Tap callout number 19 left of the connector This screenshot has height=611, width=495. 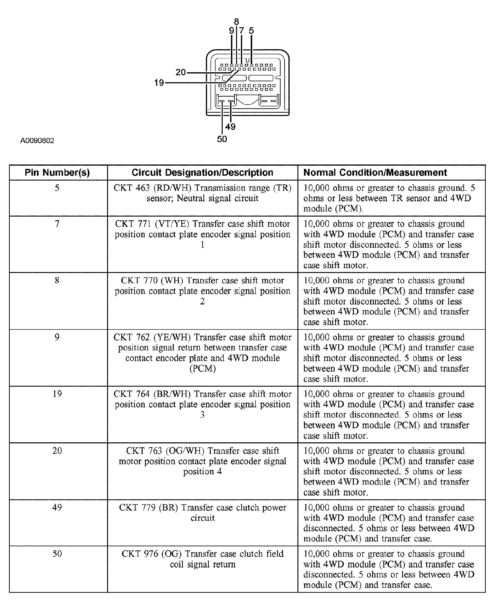pyautogui.click(x=159, y=83)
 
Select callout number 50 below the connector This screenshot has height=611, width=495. pyautogui.click(x=222, y=139)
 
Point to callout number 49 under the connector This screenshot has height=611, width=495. pyautogui.click(x=230, y=127)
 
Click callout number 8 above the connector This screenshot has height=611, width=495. pyautogui.click(x=236, y=22)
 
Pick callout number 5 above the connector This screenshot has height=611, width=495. pyautogui.click(x=251, y=30)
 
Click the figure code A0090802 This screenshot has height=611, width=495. pyautogui.click(x=37, y=141)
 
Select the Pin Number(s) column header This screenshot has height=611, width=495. pyautogui.click(x=57, y=173)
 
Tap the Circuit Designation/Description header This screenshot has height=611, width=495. pyautogui.click(x=202, y=173)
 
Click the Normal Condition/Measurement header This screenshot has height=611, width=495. pyautogui.click(x=375, y=173)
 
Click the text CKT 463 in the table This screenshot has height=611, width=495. pyautogui.click(x=131, y=188)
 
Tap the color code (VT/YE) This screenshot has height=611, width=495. pyautogui.click(x=172, y=224)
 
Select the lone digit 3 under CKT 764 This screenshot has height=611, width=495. pyautogui.click(x=202, y=415)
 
